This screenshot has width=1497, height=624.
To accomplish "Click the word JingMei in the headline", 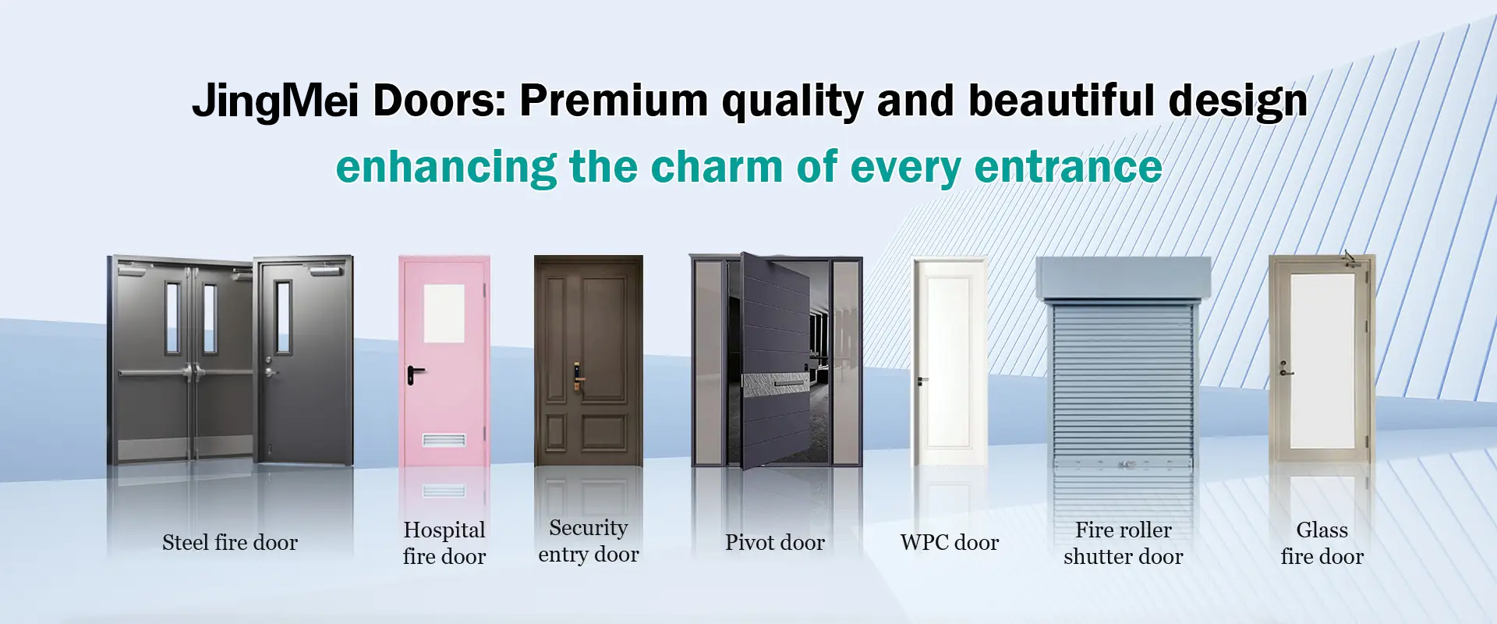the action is click(275, 101).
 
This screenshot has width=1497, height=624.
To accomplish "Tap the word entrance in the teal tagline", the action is click(1068, 167).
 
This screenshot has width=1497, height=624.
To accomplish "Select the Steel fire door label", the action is click(230, 543).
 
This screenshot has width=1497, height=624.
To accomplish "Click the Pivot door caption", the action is click(775, 543).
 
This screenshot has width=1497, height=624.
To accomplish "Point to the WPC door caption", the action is click(950, 543).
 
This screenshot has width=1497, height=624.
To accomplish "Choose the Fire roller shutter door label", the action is click(1124, 543).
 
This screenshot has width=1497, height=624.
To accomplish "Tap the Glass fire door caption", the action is click(1322, 543).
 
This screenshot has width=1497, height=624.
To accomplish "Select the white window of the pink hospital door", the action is click(444, 314).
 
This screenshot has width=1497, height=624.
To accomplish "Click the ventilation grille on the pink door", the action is click(444, 441).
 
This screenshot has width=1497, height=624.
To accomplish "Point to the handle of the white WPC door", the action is click(922, 381).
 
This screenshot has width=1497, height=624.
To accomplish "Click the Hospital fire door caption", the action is click(444, 543).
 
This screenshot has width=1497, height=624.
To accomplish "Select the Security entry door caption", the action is click(589, 541).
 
